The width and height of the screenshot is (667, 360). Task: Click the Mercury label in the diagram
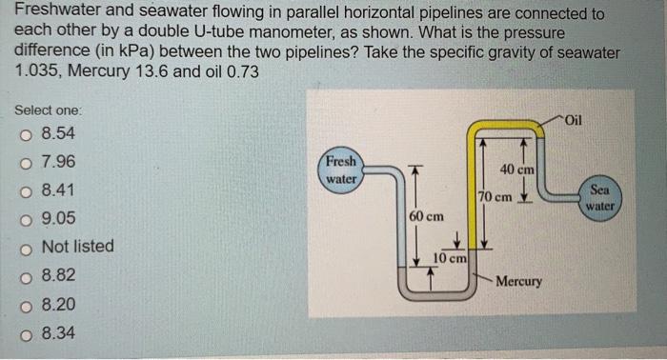(x=518, y=282)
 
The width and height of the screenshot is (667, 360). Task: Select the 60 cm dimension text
(x=426, y=216)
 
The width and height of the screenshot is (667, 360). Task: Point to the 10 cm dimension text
(x=449, y=258)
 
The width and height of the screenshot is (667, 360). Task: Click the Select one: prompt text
(x=49, y=110)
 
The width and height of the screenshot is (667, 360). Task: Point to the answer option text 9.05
(x=60, y=218)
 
